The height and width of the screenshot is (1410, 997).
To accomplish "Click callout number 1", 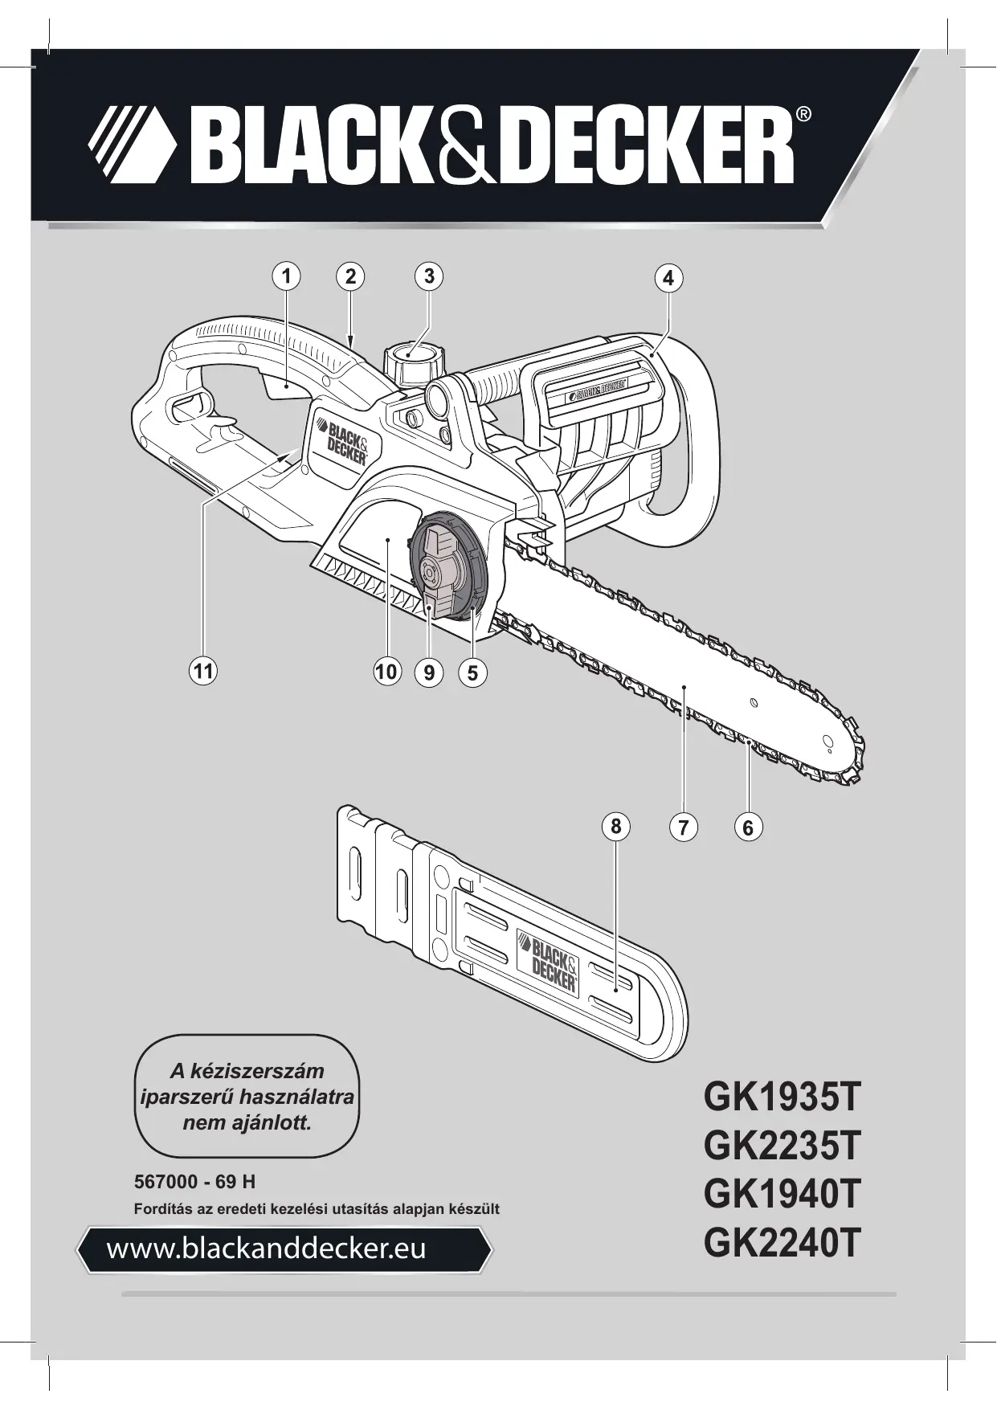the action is [285, 276].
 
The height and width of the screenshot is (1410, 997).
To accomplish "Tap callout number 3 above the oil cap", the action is [429, 276].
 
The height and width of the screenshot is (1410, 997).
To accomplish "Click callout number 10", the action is [386, 671].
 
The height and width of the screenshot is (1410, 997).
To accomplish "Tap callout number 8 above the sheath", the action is [615, 826].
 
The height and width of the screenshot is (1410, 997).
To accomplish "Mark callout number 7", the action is [683, 827].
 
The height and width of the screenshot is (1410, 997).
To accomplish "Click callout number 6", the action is [748, 827].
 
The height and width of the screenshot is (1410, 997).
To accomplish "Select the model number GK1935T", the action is [782, 1097].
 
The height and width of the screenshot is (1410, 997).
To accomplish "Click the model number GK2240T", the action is [782, 1267].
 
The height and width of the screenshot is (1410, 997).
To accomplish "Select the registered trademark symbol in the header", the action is [803, 115].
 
